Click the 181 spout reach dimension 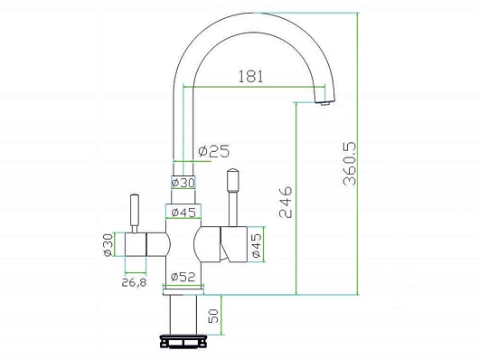point(250,77)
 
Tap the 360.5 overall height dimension point(350,164)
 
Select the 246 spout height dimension point(286,202)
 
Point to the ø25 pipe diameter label point(213,151)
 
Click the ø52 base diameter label point(183,277)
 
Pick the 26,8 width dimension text point(134,282)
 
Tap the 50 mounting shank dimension point(213,316)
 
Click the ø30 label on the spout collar point(183,183)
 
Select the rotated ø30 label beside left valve point(108,245)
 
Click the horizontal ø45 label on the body point(183,213)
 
